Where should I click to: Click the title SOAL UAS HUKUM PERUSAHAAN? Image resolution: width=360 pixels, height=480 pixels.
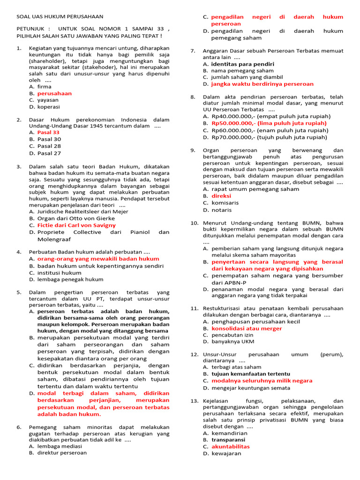point(60,16)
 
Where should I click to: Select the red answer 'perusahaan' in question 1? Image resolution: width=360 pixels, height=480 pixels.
point(54,93)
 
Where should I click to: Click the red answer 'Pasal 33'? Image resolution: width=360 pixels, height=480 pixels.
point(48,132)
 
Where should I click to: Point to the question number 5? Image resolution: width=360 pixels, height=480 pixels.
point(19,292)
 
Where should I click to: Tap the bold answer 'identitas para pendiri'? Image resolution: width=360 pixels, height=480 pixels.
point(242,64)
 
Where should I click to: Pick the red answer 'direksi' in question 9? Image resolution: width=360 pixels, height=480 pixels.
point(221,196)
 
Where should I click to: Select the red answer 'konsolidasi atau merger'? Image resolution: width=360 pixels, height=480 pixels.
point(247,329)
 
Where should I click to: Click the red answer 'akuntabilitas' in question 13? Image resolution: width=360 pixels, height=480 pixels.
point(231,447)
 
